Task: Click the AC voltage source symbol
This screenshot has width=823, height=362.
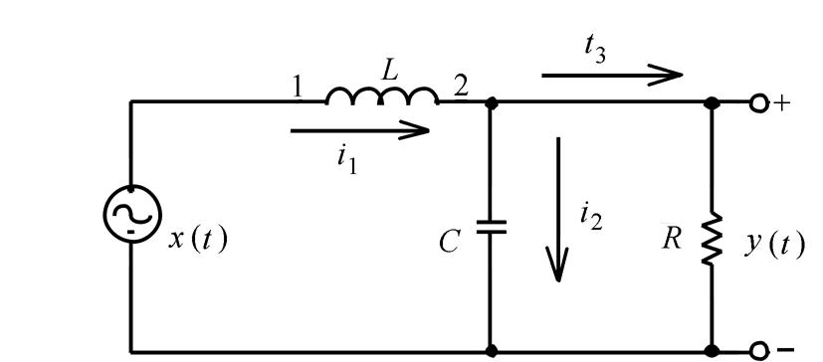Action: [x=130, y=217]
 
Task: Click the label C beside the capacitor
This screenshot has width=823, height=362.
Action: [x=451, y=242]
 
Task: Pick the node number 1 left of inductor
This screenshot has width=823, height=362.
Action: [x=298, y=88]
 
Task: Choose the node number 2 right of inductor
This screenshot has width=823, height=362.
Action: [x=460, y=88]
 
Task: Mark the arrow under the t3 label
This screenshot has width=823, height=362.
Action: [x=612, y=73]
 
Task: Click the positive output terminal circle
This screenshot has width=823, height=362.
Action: [x=759, y=102]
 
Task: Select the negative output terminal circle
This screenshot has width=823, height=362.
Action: [x=759, y=350]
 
